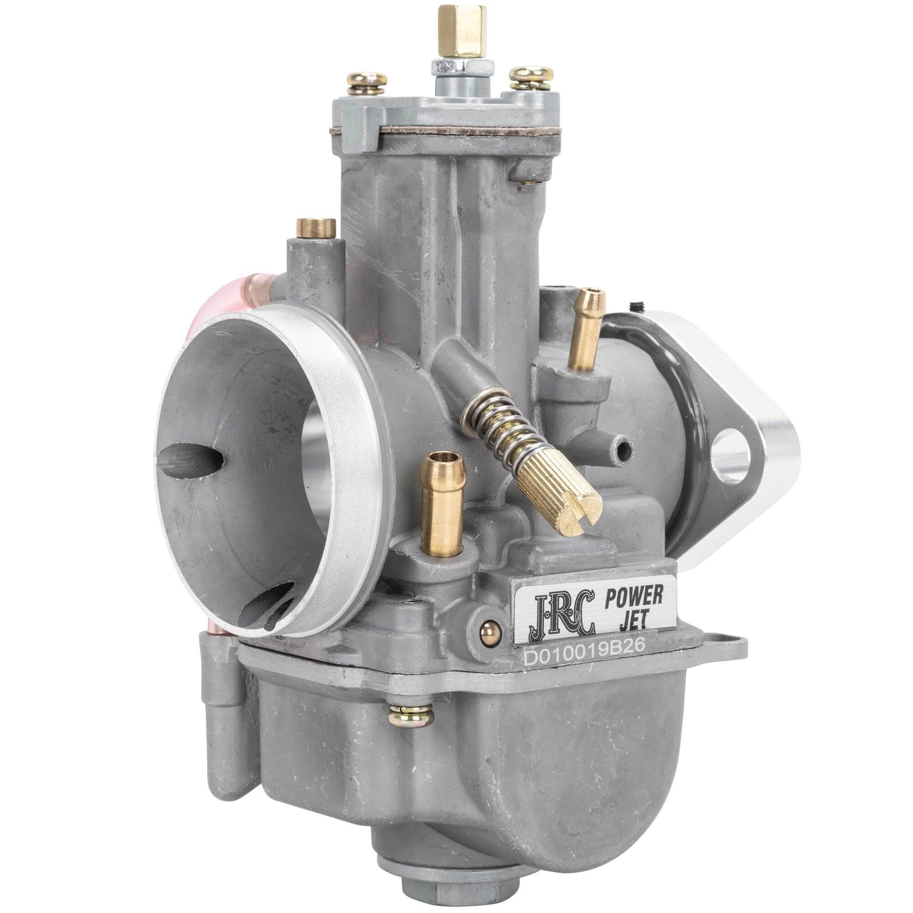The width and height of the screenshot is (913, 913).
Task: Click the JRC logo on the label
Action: (564, 614)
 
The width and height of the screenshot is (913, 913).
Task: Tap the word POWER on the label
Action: (634, 597)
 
